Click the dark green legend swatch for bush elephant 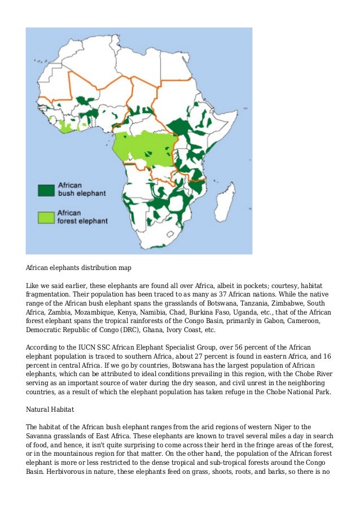pos(46,190)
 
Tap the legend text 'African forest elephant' pos(82,217)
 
